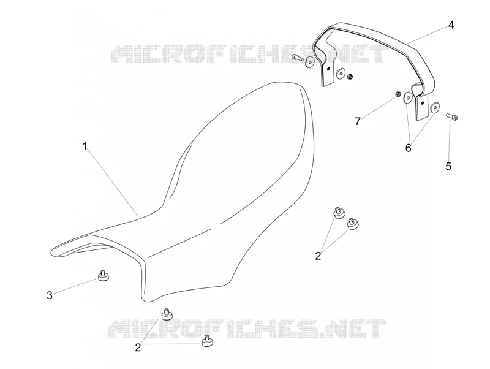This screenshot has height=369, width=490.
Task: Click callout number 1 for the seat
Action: click(85, 146)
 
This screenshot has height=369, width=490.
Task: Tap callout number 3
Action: click(50, 295)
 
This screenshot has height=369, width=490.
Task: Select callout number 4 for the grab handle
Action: click(451, 25)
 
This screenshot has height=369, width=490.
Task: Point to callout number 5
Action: click(448, 166)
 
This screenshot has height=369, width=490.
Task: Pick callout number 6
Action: click(408, 148)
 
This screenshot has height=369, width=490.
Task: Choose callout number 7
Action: click(358, 121)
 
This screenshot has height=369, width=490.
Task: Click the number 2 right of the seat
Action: click(318, 256)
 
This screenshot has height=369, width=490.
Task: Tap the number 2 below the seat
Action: click(138, 347)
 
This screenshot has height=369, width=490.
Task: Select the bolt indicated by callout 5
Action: click(452, 116)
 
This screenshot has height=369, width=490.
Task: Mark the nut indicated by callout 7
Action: click(398, 94)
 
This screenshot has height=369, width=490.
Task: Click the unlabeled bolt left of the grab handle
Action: click(297, 58)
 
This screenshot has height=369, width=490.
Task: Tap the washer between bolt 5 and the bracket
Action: click(434, 107)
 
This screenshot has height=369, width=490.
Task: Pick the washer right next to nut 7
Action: click(407, 97)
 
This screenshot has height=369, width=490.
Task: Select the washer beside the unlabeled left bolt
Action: click(310, 63)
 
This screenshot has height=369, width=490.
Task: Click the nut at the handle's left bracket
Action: click(350, 76)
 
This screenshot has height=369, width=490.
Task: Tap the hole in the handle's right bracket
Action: click(422, 102)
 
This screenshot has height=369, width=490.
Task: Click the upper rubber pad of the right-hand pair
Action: click(339, 213)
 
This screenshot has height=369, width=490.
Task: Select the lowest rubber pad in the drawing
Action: click(206, 341)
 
